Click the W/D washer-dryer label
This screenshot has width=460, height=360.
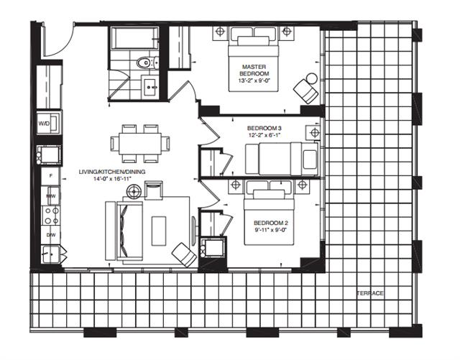(44, 123)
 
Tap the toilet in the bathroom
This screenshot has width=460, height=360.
(147, 63)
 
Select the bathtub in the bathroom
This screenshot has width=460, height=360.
(134, 38)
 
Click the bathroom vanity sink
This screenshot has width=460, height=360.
(151, 86)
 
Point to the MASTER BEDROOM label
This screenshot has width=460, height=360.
(254, 70)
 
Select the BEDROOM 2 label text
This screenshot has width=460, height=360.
(271, 223)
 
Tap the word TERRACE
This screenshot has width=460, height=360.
(371, 293)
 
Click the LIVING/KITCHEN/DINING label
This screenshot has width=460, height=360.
(112, 172)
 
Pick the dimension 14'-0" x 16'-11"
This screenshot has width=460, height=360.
(112, 178)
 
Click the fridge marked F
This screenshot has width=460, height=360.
(50, 176)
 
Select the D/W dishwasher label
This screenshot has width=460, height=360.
(50, 235)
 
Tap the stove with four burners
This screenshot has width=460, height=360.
(51, 216)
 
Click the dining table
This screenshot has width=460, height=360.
(140, 144)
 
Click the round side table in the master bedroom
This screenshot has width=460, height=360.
(311, 78)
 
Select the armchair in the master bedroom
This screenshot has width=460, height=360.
(306, 91)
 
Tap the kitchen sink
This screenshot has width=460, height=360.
(51, 254)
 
